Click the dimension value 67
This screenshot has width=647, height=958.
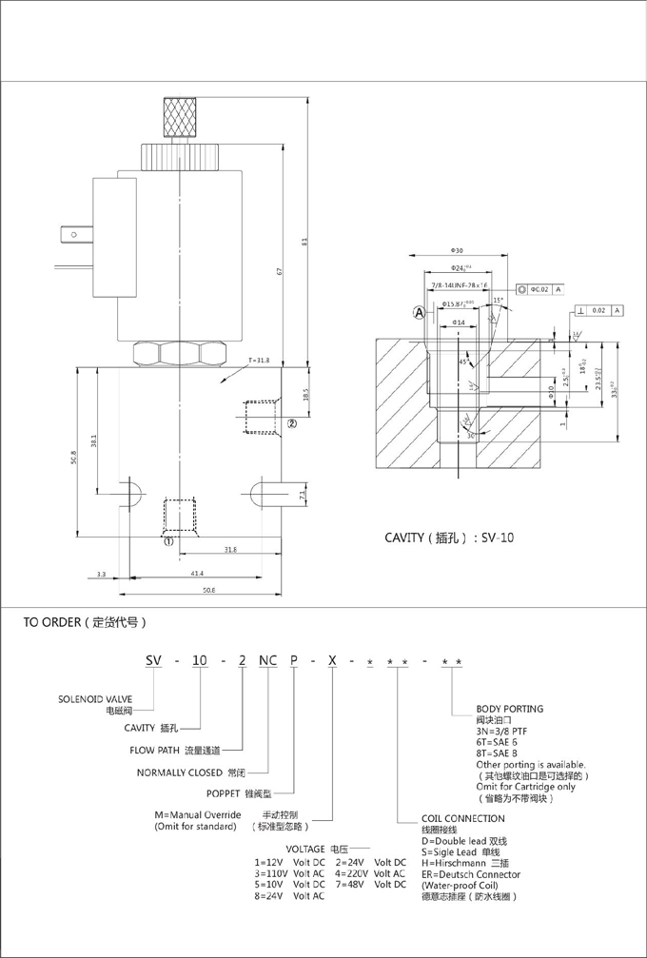point(280,271)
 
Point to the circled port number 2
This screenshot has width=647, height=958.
point(293,423)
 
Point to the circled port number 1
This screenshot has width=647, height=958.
point(167,541)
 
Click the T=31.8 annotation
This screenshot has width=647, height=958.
point(259,361)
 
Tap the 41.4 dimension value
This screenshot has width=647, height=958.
point(196,575)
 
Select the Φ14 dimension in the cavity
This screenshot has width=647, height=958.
point(459,323)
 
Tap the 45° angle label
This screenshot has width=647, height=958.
point(463,362)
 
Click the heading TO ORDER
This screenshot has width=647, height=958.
point(86,624)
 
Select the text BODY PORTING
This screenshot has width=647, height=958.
point(510,709)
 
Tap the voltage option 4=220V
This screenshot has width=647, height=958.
point(358,873)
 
